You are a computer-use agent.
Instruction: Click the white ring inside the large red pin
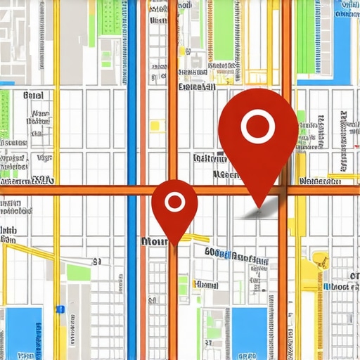tap(256, 127)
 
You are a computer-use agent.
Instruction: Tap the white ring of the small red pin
tap(174, 203)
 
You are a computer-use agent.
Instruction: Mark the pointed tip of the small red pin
tap(175, 244)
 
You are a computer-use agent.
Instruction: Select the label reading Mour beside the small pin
tap(154, 240)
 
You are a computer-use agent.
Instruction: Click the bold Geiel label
tap(32, 96)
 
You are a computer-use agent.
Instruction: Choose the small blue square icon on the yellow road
tap(60, 309)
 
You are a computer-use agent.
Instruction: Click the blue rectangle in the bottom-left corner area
tap(22, 330)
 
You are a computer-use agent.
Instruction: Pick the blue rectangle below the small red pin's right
tap(249, 330)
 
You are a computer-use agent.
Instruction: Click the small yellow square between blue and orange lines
tap(155, 125)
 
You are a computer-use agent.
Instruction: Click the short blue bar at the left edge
tap(6, 84)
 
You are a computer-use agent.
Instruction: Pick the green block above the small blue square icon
tap(78, 273)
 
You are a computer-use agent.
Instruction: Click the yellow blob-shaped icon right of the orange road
tap(321, 260)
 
